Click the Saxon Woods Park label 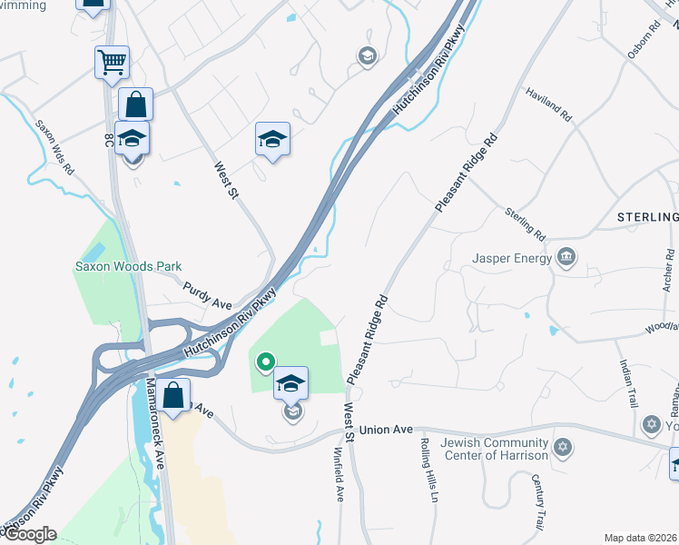click(x=128, y=266)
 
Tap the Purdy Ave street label click(x=209, y=295)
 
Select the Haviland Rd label click(x=550, y=104)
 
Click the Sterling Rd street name click(x=526, y=223)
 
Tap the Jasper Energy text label click(x=512, y=258)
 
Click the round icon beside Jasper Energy click(x=567, y=258)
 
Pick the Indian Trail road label click(x=627, y=383)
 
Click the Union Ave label click(x=386, y=429)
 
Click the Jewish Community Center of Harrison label click(x=495, y=449)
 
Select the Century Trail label click(x=538, y=502)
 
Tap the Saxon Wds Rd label click(x=54, y=145)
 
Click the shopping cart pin click(x=112, y=63)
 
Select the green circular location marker click(x=265, y=362)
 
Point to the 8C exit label click(x=107, y=141)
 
